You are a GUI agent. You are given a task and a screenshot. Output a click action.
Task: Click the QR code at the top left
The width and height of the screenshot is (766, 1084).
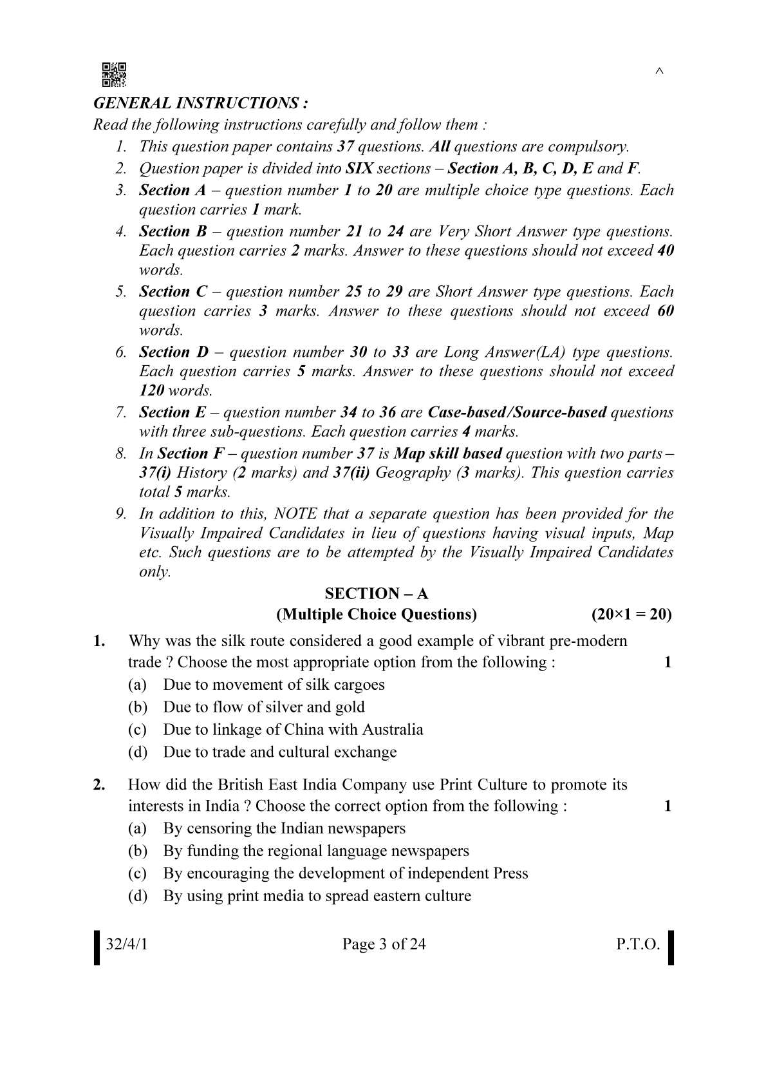[x=114, y=75]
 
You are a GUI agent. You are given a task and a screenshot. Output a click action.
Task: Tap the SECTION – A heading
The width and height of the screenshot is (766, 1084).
[x=377, y=593]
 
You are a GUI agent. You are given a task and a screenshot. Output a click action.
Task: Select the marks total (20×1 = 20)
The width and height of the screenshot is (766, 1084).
[x=631, y=614]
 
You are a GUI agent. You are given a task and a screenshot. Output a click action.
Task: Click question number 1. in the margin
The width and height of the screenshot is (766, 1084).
[x=99, y=641]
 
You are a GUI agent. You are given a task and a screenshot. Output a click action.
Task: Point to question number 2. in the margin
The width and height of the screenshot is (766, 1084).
[x=99, y=784]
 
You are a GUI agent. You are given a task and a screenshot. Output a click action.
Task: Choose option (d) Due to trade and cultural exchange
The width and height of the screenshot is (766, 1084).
[x=279, y=752]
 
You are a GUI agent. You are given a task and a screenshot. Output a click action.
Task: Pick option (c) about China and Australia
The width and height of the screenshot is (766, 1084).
[x=293, y=729]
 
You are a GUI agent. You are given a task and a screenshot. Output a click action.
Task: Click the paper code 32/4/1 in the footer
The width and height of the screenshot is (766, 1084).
[x=127, y=944]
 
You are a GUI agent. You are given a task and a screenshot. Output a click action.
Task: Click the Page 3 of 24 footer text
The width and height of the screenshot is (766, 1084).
[x=384, y=944]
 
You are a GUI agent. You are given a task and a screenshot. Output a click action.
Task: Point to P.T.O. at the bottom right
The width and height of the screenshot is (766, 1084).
[x=638, y=944]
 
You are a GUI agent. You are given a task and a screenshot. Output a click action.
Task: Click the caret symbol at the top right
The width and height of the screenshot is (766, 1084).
[x=659, y=71]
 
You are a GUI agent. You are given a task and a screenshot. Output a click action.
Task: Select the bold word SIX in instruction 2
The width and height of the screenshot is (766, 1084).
[x=359, y=168]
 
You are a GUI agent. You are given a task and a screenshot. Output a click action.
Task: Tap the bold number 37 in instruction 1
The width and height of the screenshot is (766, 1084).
[x=345, y=146]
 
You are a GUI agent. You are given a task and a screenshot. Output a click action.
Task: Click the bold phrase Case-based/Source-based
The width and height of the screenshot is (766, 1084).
[x=517, y=412]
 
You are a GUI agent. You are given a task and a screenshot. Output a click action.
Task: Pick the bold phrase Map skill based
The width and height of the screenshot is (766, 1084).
[x=447, y=453]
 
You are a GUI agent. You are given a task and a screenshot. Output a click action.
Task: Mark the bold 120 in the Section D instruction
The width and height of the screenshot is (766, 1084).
[x=151, y=390]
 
